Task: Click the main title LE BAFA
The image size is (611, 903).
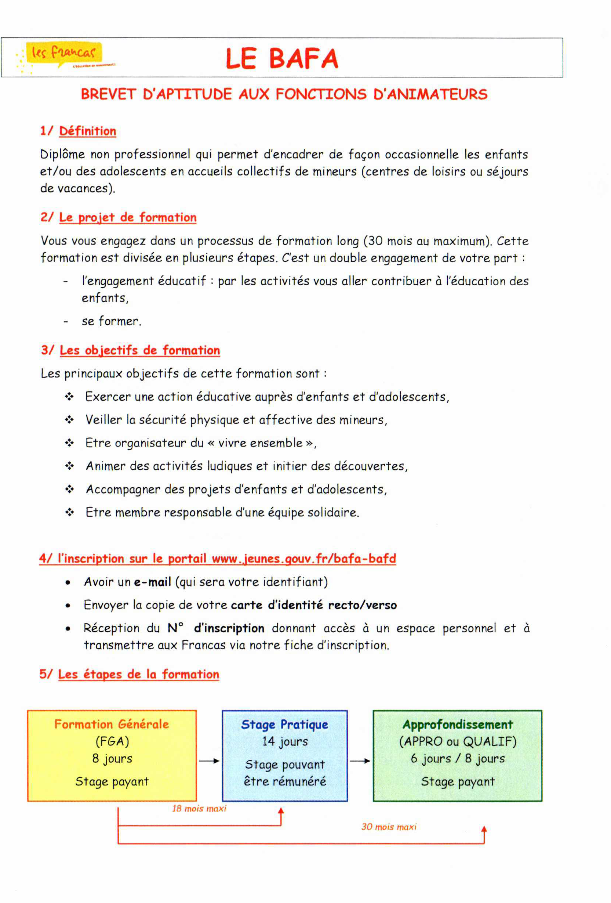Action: pyautogui.click(x=282, y=59)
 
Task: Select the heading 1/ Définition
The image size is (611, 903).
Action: pyautogui.click(x=78, y=131)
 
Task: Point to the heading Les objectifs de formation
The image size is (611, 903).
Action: pyautogui.click(x=139, y=350)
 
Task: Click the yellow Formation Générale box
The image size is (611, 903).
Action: pyautogui.click(x=112, y=755)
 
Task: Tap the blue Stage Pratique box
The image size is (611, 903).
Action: pyautogui.click(x=284, y=755)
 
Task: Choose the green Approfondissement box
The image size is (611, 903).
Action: pyautogui.click(x=457, y=755)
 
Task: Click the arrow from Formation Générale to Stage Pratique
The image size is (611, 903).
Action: pyautogui.click(x=209, y=761)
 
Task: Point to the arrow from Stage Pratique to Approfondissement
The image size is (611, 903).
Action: pyautogui.click(x=360, y=761)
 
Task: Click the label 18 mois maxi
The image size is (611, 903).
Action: pyautogui.click(x=199, y=808)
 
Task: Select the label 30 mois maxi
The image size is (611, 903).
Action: pyautogui.click(x=389, y=827)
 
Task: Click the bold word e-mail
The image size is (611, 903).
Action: pyautogui.click(x=153, y=582)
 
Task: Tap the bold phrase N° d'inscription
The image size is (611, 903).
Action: pyautogui.click(x=216, y=628)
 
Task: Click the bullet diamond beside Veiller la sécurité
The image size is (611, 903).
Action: pyautogui.click(x=69, y=420)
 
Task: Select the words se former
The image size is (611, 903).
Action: pyautogui.click(x=112, y=321)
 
